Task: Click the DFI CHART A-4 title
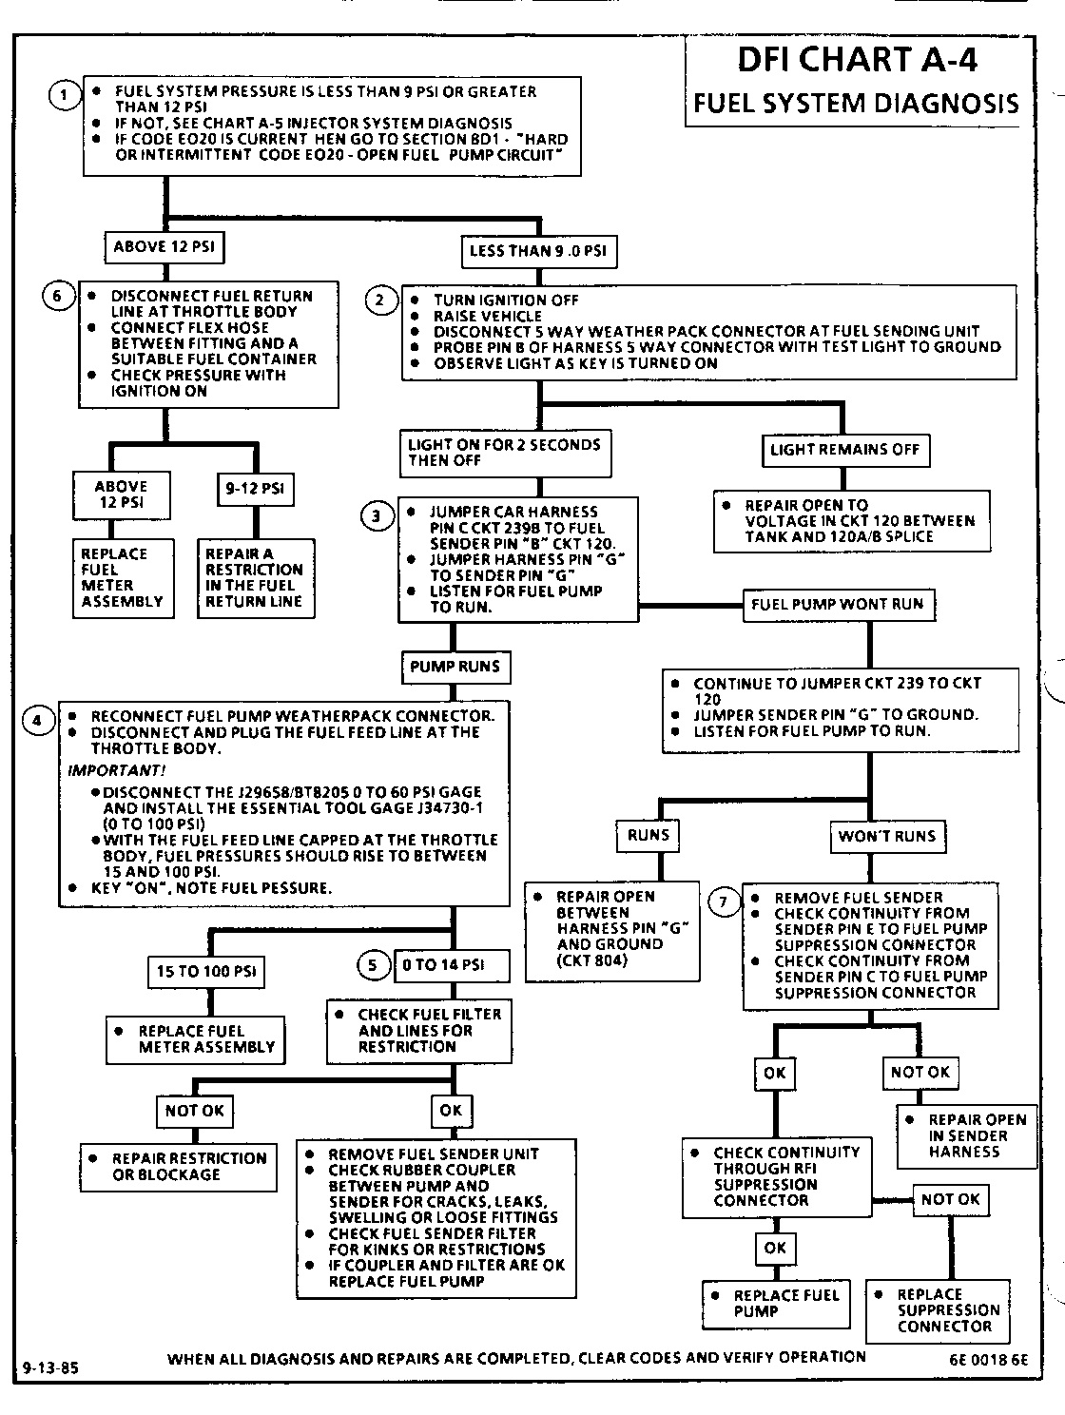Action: (857, 60)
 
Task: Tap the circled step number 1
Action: (64, 94)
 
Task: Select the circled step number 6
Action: (57, 297)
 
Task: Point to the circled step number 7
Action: (725, 901)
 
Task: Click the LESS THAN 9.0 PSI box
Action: (538, 252)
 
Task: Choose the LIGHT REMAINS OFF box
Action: (845, 450)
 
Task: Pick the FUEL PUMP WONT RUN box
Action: (837, 604)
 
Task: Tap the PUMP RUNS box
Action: (455, 667)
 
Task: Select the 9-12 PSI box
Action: (255, 490)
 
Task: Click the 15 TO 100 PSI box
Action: (205, 972)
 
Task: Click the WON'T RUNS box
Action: (886, 837)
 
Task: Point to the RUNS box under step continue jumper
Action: (649, 836)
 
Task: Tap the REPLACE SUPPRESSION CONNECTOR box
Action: (939, 1310)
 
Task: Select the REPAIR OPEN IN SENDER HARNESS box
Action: (965, 1135)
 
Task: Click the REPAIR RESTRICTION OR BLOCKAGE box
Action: (179, 1167)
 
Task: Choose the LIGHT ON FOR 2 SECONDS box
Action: (504, 453)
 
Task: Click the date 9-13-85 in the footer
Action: (50, 1369)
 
